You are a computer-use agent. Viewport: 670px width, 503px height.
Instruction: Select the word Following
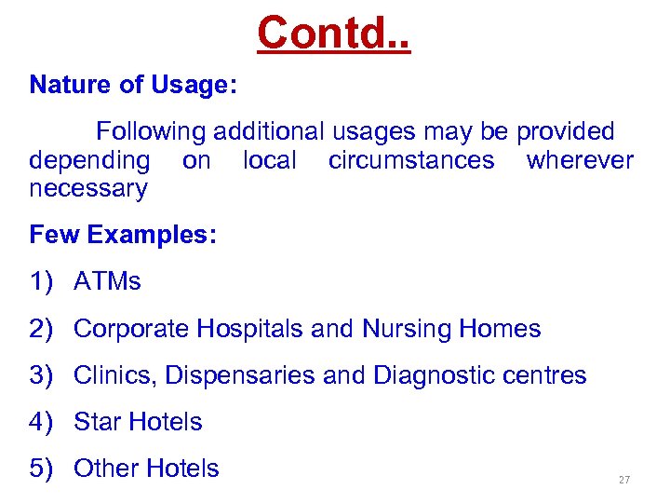click(152, 131)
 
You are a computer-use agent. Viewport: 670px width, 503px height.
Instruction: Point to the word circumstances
click(411, 160)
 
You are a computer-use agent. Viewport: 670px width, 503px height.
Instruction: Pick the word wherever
click(580, 160)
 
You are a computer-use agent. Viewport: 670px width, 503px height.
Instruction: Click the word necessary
click(87, 189)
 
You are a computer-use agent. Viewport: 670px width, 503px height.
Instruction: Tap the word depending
click(89, 161)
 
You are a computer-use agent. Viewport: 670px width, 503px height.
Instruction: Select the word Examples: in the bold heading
click(152, 235)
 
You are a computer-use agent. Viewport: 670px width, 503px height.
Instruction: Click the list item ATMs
click(107, 281)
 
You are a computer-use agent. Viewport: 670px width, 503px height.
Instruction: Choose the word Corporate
click(130, 329)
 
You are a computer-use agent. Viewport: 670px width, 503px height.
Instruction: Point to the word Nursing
click(407, 329)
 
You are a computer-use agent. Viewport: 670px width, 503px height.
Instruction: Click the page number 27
click(623, 480)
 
